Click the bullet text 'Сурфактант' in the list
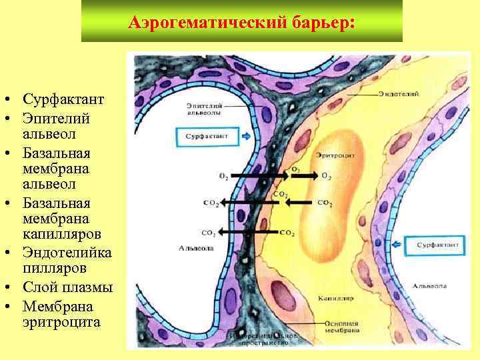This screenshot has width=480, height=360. click(x=63, y=100)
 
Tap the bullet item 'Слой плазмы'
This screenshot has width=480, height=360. click(x=67, y=288)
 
